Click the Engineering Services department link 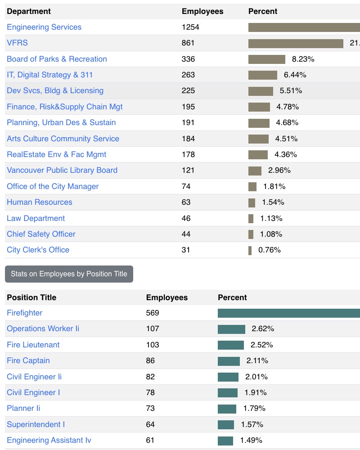point(44,27)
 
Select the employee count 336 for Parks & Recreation point(188,59)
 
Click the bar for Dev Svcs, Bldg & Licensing point(261,91)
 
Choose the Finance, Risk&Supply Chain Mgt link point(64,107)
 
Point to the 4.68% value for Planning point(287,122)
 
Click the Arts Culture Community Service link point(63,139)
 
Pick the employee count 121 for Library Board point(188,170)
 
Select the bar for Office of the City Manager point(252,186)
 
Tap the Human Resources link point(40,202)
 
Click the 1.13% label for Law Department point(271,218)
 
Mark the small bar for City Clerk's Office point(250,250)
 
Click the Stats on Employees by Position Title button point(69,274)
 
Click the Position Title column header point(31,297)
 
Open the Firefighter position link point(24,313)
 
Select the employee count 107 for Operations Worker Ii point(153,328)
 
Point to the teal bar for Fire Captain point(229,361)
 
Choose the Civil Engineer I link point(33,392)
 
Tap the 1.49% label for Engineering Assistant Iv point(251,440)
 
